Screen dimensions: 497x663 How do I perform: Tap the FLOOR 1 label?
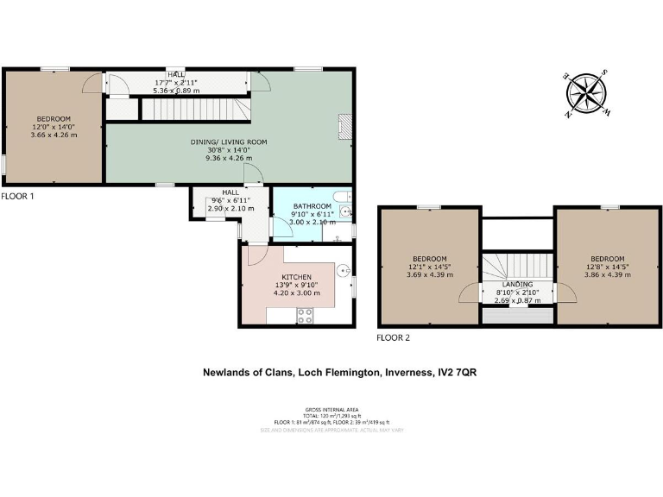click(x=18, y=197)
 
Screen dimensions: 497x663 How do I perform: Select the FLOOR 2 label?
click(x=394, y=337)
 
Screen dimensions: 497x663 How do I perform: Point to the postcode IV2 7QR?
click(x=458, y=373)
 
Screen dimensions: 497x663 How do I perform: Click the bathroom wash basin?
click(x=345, y=211)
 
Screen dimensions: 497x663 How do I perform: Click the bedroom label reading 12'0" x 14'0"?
click(x=54, y=127)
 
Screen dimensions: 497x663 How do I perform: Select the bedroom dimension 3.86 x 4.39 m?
click(x=608, y=274)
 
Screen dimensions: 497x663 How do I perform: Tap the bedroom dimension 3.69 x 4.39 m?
click(x=429, y=274)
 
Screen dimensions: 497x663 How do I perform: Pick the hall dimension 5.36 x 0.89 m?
click(x=176, y=90)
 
